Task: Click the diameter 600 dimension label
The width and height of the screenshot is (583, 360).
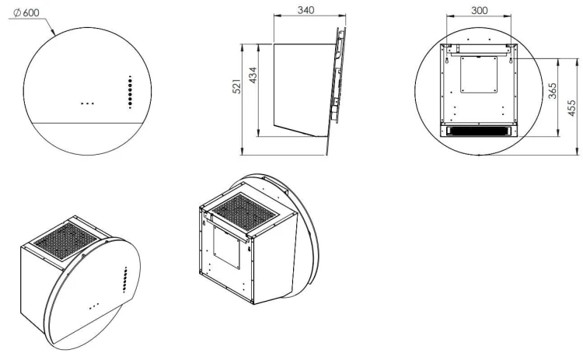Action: (26, 12)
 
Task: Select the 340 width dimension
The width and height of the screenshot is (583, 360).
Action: (305, 10)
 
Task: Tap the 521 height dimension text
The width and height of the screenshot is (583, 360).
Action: (237, 86)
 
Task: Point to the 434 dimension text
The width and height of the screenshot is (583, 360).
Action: (253, 75)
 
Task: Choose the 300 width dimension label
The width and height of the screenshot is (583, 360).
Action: (480, 10)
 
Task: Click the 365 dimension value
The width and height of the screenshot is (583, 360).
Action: (553, 91)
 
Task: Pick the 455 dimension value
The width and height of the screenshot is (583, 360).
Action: (572, 107)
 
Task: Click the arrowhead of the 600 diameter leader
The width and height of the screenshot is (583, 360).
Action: (53, 33)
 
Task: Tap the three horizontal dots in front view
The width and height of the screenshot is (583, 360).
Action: (87, 103)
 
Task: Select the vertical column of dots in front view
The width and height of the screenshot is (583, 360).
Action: (130, 93)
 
